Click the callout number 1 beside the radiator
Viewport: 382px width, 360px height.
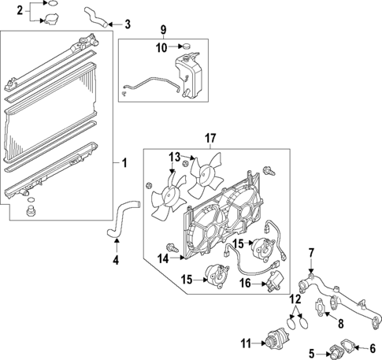[x=124, y=164]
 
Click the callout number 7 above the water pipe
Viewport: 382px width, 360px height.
[x=312, y=252]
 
